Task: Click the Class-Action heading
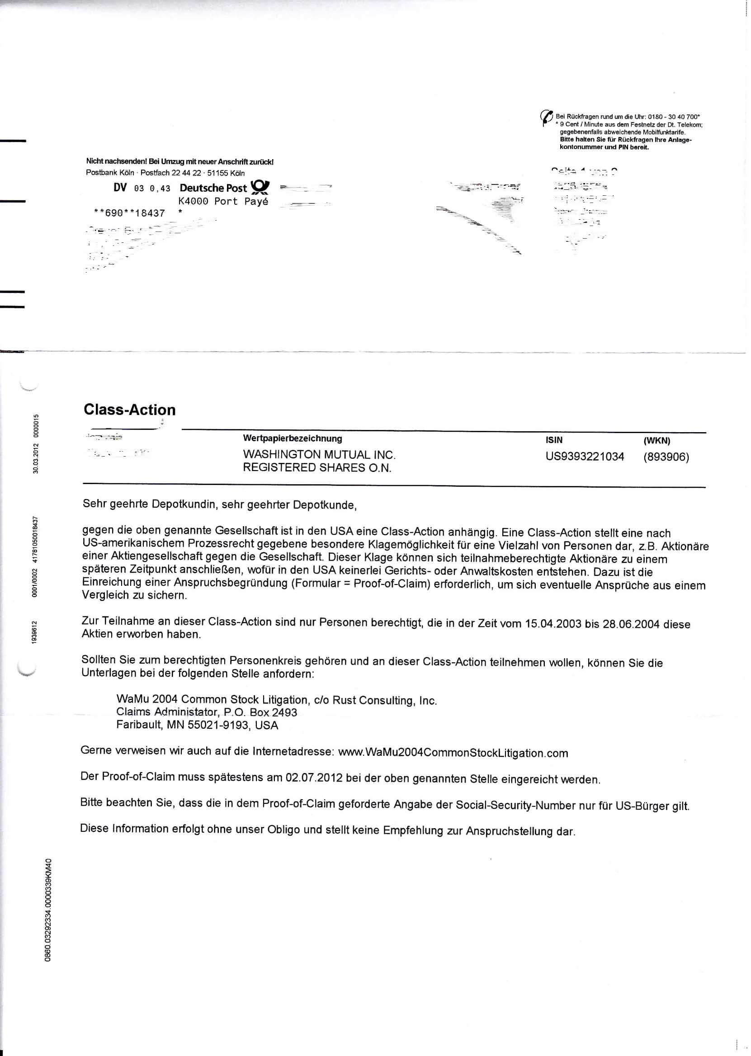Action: (x=129, y=410)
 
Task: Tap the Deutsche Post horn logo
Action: (x=260, y=187)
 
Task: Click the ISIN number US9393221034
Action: (x=585, y=457)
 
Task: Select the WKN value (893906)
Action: (x=666, y=457)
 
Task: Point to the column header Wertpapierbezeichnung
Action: (x=292, y=438)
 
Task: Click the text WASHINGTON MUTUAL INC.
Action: (x=319, y=454)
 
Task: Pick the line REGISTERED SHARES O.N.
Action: (x=317, y=467)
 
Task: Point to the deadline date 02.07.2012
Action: (x=314, y=778)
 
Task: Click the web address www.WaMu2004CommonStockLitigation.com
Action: (x=453, y=753)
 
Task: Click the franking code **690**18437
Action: (x=129, y=213)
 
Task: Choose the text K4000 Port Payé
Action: (x=223, y=201)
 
